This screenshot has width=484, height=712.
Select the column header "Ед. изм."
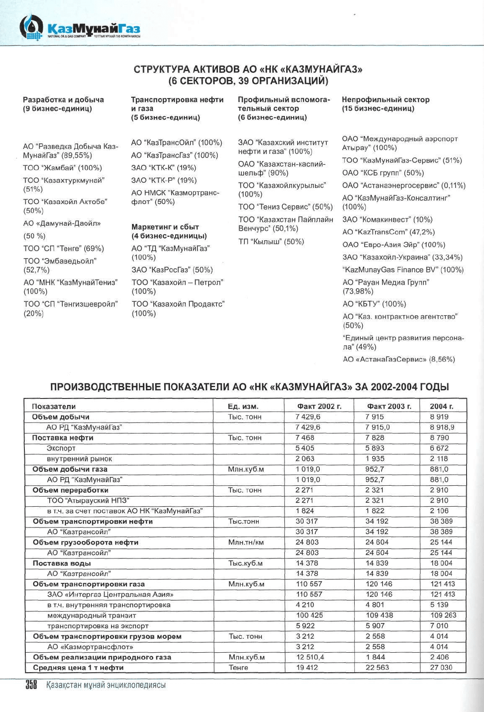coord(243,406)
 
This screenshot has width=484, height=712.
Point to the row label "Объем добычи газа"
coord(70,469)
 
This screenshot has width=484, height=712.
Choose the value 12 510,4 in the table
coord(310,657)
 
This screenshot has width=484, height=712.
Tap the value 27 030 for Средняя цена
coord(441,668)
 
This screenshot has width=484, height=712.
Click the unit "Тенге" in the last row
coord(238,668)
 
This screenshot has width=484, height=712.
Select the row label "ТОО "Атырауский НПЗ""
coord(88,501)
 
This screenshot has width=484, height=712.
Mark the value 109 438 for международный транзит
coord(379,615)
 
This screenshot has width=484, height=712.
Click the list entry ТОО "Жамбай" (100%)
coord(62,168)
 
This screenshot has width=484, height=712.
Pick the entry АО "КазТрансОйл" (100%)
coord(176,143)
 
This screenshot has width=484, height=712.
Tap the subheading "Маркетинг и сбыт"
coord(165,227)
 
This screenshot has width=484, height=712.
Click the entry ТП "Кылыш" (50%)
coord(271,242)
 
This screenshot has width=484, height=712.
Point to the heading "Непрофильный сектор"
coord(386,100)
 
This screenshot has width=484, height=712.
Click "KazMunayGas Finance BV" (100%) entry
coord(403,270)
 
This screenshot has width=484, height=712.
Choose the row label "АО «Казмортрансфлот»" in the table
coord(90,647)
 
